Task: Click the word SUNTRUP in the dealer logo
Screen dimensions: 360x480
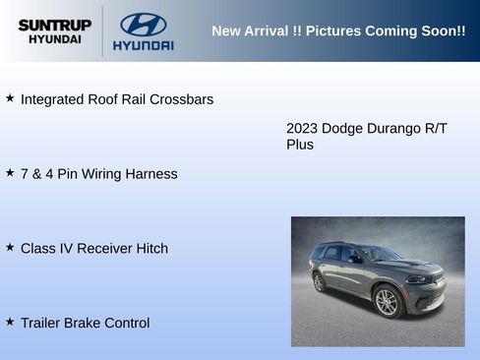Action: [54, 25]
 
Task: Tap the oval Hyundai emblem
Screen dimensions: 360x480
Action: [144, 25]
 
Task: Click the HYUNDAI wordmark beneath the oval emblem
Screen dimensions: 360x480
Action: [144, 45]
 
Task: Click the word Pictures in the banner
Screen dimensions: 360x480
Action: [333, 30]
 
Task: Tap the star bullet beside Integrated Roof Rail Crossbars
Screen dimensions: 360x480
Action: [10, 98]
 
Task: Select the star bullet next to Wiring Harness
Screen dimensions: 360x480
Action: [10, 173]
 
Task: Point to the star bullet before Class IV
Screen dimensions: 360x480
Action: [10, 248]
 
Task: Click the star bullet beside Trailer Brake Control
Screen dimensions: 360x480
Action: [10, 322]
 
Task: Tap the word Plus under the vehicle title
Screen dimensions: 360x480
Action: [300, 145]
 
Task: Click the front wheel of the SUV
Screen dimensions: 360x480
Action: [387, 302]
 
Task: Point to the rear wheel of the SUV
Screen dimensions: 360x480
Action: [319, 282]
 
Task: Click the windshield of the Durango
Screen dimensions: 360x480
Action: [378, 254]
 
